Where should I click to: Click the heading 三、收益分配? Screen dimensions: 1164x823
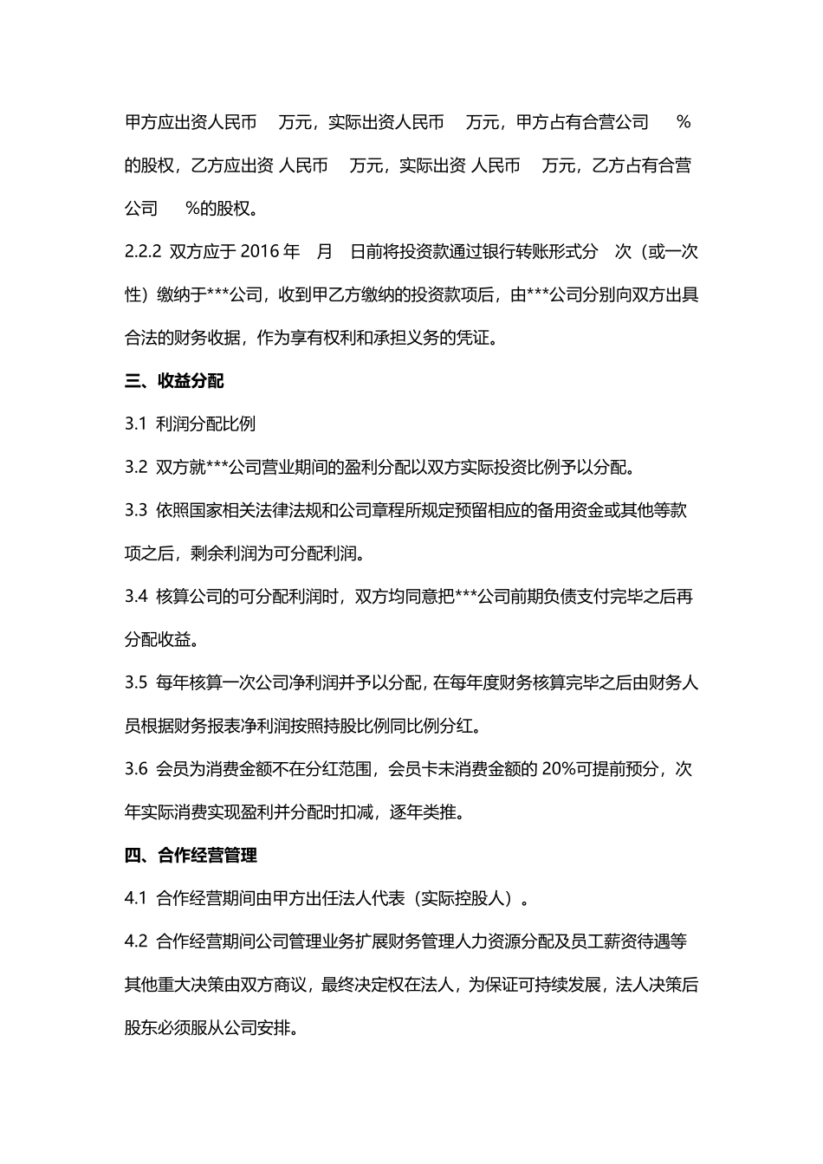coord(174,381)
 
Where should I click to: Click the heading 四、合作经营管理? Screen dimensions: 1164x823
coord(191,856)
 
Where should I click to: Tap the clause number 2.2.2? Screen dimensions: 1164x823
coord(144,252)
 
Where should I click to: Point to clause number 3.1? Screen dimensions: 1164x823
coord(136,424)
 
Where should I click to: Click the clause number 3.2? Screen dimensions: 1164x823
coord(136,468)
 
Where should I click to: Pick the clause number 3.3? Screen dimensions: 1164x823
coord(136,511)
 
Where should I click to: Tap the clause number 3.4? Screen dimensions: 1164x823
coord(136,597)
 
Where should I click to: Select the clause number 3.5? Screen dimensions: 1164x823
coord(136,683)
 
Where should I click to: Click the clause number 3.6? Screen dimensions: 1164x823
coord(136,769)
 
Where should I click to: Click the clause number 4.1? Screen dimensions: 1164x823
coord(136,899)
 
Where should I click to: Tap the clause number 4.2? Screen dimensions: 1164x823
coord(136,941)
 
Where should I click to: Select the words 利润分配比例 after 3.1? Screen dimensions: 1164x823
coord(206,424)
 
